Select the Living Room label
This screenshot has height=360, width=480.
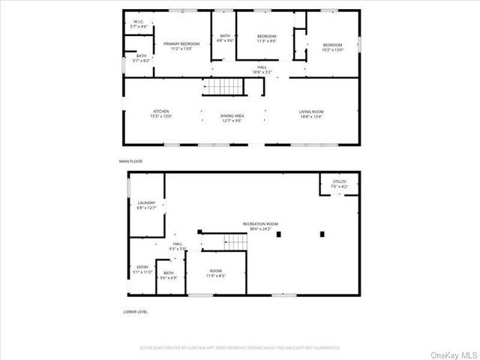(312, 113)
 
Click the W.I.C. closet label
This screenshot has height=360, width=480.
(138, 24)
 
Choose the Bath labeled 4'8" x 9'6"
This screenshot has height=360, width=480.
(225, 39)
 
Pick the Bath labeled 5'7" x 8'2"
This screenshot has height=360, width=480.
(141, 58)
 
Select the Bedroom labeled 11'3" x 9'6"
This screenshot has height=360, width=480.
(267, 39)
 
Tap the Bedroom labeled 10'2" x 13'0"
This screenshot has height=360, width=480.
(332, 46)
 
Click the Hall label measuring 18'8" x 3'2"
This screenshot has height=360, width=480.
(262, 70)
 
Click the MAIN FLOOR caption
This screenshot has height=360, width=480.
(130, 161)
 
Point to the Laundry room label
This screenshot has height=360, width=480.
(145, 205)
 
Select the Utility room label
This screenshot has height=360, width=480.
(339, 184)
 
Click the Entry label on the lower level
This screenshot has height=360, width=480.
(142, 269)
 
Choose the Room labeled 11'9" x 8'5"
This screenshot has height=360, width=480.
(216, 273)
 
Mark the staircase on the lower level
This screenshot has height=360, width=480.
(236, 242)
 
